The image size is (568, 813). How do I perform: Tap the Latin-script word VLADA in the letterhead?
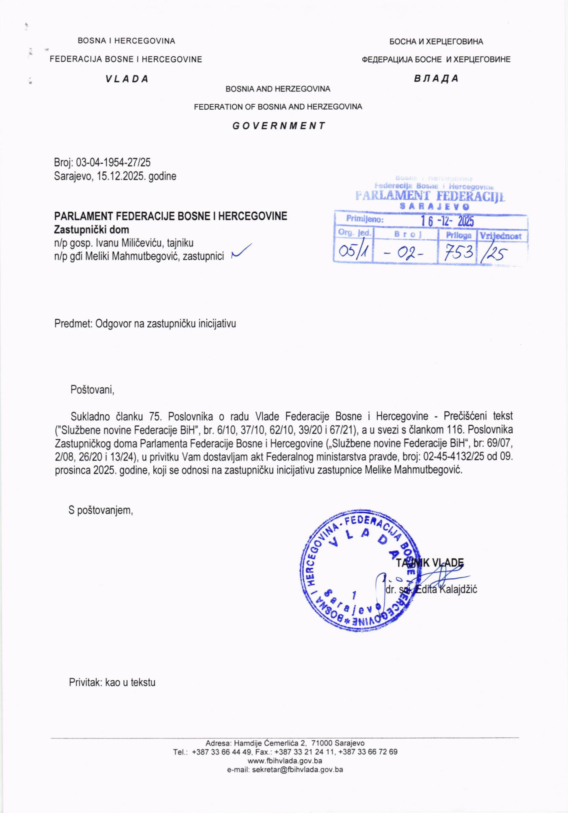click(127, 79)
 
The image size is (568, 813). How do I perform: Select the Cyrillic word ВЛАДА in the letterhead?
click(436, 78)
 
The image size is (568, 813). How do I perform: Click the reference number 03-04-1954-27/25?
click(113, 163)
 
